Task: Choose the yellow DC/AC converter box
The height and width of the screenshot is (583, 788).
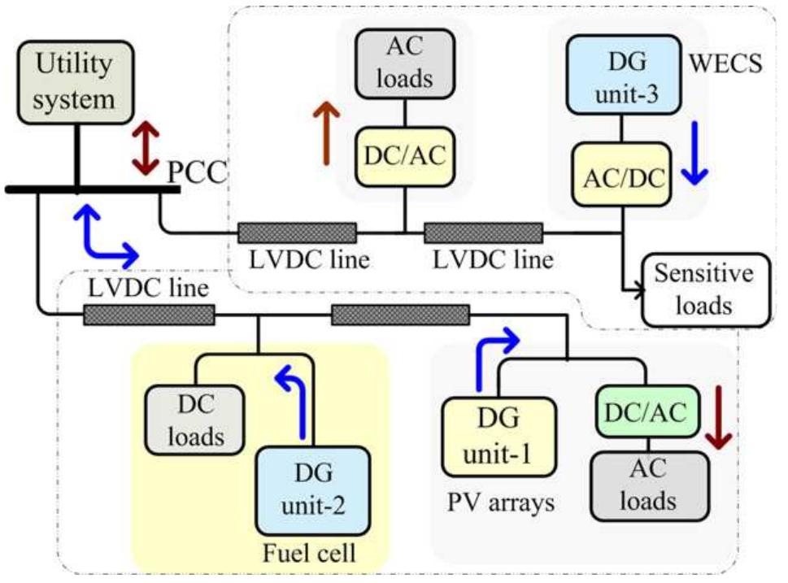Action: pyautogui.click(x=404, y=156)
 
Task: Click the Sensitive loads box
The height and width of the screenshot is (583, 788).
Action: pyautogui.click(x=704, y=290)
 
